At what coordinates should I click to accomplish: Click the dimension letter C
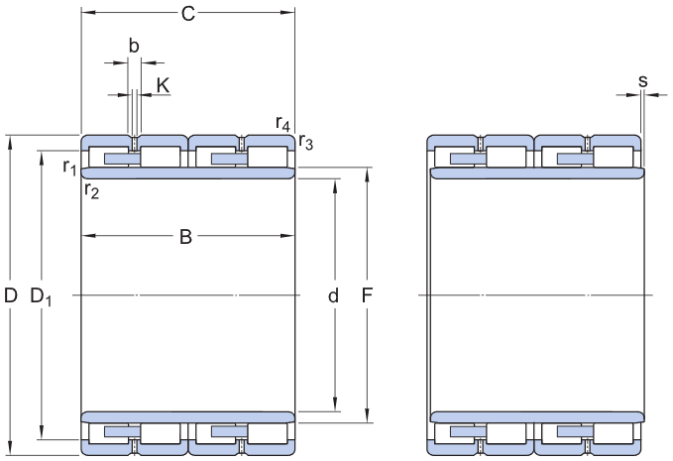187,14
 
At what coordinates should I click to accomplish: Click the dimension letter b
134,45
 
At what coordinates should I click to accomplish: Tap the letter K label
163,85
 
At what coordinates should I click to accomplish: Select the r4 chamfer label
283,124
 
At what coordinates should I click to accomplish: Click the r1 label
68,167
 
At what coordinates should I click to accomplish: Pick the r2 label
91,189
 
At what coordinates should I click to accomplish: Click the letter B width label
185,237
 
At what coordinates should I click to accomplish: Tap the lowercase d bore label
333,295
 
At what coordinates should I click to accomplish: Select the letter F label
368,295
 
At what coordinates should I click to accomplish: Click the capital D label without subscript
11,295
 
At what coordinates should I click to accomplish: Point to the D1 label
42,296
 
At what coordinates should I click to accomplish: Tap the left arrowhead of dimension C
85,13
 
